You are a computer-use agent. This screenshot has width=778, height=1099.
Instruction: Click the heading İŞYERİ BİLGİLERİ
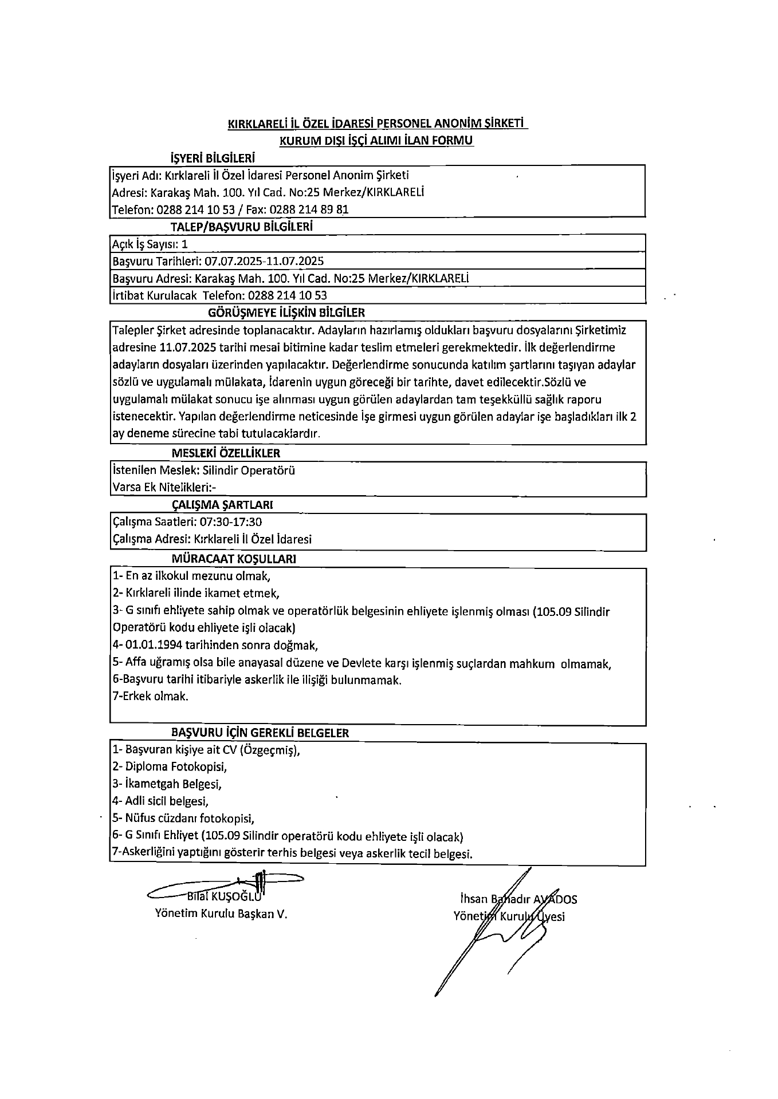[213, 158]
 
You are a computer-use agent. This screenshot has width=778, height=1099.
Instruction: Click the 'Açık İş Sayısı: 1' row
[150, 244]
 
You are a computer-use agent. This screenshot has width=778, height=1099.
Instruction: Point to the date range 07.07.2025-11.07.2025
[264, 262]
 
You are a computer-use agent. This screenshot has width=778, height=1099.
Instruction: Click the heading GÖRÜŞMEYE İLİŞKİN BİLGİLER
[286, 313]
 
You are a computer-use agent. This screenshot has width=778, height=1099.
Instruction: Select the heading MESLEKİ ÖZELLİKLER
[226, 453]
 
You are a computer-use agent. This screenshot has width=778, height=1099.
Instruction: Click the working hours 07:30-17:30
[230, 522]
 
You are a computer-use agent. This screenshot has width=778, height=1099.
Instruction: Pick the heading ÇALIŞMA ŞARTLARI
[222, 505]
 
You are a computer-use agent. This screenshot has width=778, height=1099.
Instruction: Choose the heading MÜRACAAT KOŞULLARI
[234, 558]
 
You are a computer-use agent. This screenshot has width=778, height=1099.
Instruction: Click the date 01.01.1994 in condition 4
[154, 645]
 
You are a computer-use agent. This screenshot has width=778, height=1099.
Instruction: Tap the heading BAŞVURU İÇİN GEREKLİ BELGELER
[260, 733]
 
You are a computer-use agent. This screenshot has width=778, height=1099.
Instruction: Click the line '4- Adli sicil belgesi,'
[160, 801]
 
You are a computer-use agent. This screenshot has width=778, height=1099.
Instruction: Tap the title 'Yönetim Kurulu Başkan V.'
[221, 914]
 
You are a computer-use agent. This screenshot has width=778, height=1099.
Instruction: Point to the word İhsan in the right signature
[473, 899]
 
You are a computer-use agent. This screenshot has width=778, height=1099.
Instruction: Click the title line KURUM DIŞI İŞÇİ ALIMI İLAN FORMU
[376, 140]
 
